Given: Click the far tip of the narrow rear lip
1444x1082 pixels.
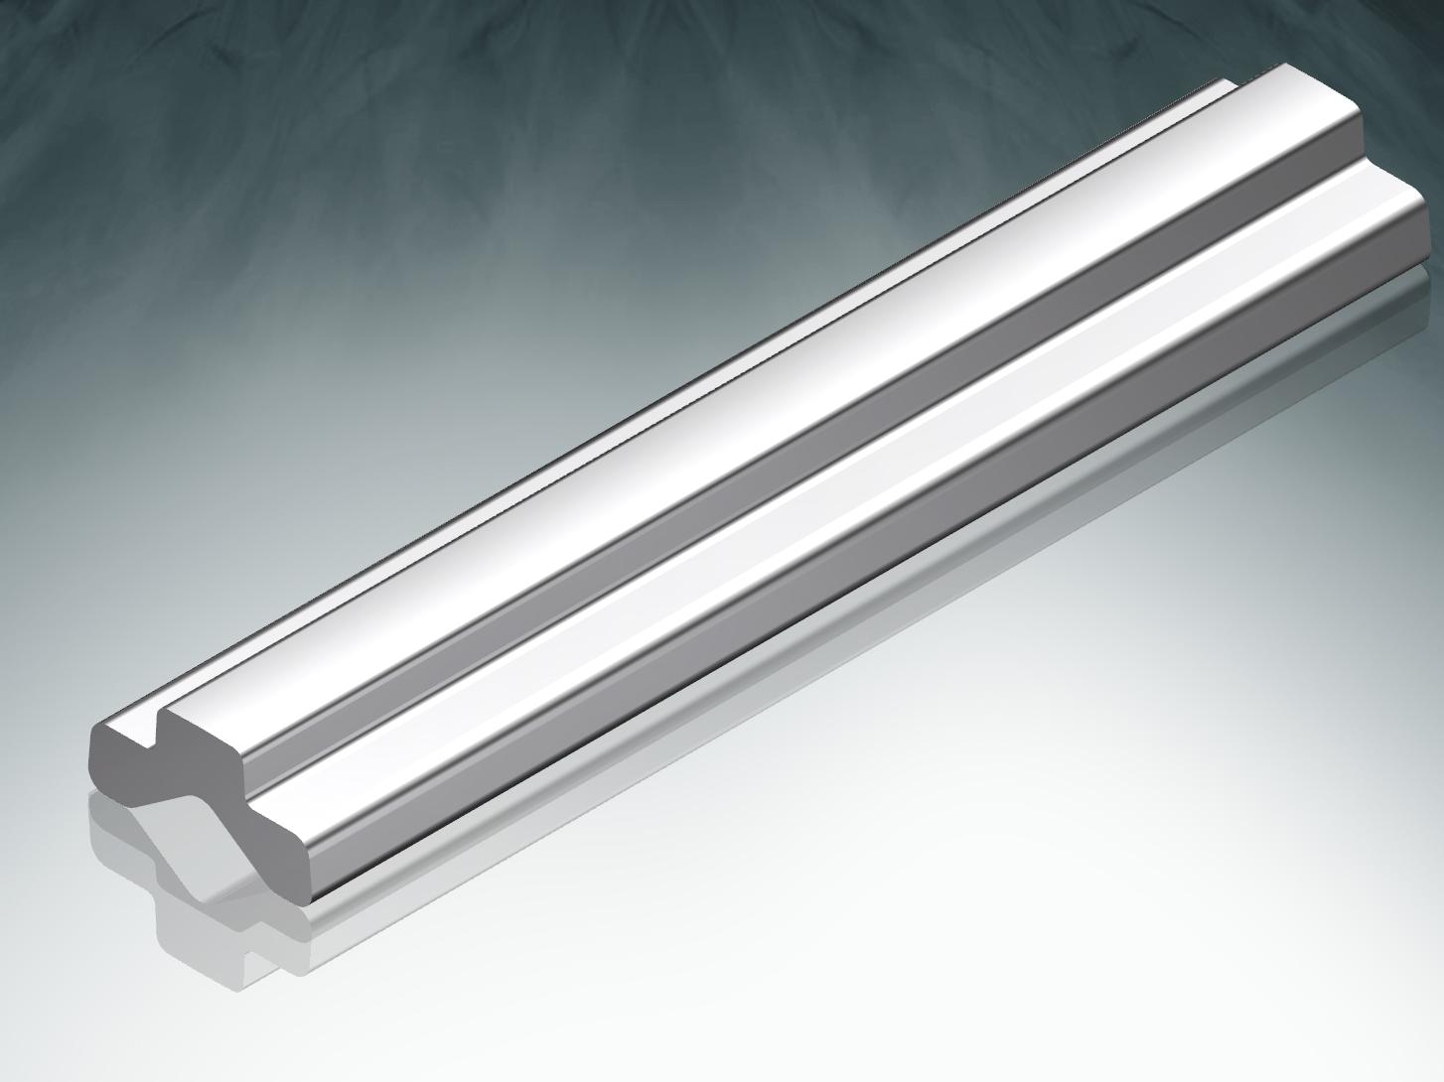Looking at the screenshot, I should tap(1231, 85).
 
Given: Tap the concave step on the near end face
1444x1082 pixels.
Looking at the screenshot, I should tap(248, 784).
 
